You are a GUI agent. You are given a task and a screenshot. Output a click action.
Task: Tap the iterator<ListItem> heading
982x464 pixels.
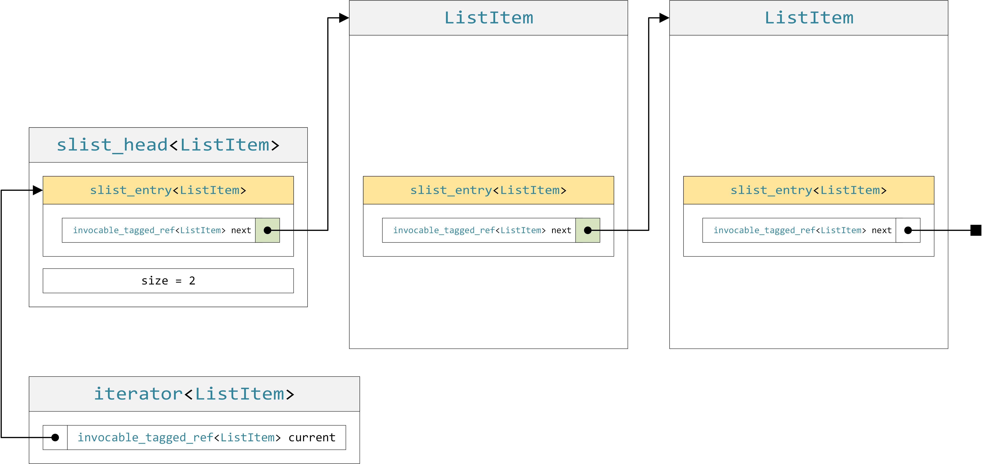tap(194, 394)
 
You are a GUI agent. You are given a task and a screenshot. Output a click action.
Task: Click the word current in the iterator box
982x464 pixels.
tap(312, 438)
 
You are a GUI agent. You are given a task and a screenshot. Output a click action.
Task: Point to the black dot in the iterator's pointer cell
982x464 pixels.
tap(55, 438)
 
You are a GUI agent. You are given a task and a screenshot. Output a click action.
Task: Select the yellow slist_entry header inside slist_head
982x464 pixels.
tap(168, 190)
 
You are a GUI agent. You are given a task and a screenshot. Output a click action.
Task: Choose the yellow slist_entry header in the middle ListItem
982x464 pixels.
tap(488, 190)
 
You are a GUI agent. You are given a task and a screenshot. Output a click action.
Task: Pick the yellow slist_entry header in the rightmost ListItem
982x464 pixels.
tap(809, 190)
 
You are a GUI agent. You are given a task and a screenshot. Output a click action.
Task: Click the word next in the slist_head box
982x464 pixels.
tap(241, 230)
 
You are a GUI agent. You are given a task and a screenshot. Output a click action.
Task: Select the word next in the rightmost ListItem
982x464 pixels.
tap(881, 230)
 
